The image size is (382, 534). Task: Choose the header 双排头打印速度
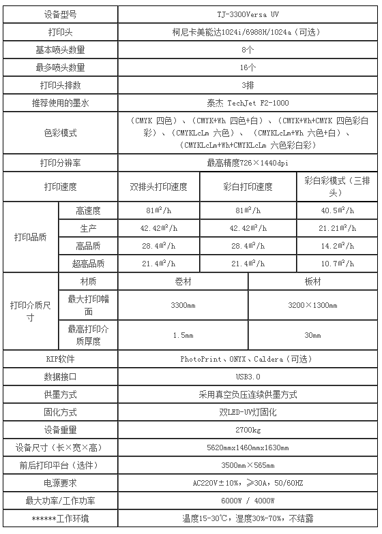158,187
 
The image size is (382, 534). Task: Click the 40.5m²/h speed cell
337,210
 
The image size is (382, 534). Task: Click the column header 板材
312,281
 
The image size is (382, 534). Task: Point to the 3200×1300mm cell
312,306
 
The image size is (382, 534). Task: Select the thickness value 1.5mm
183,335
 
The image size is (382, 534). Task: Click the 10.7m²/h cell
337,264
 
